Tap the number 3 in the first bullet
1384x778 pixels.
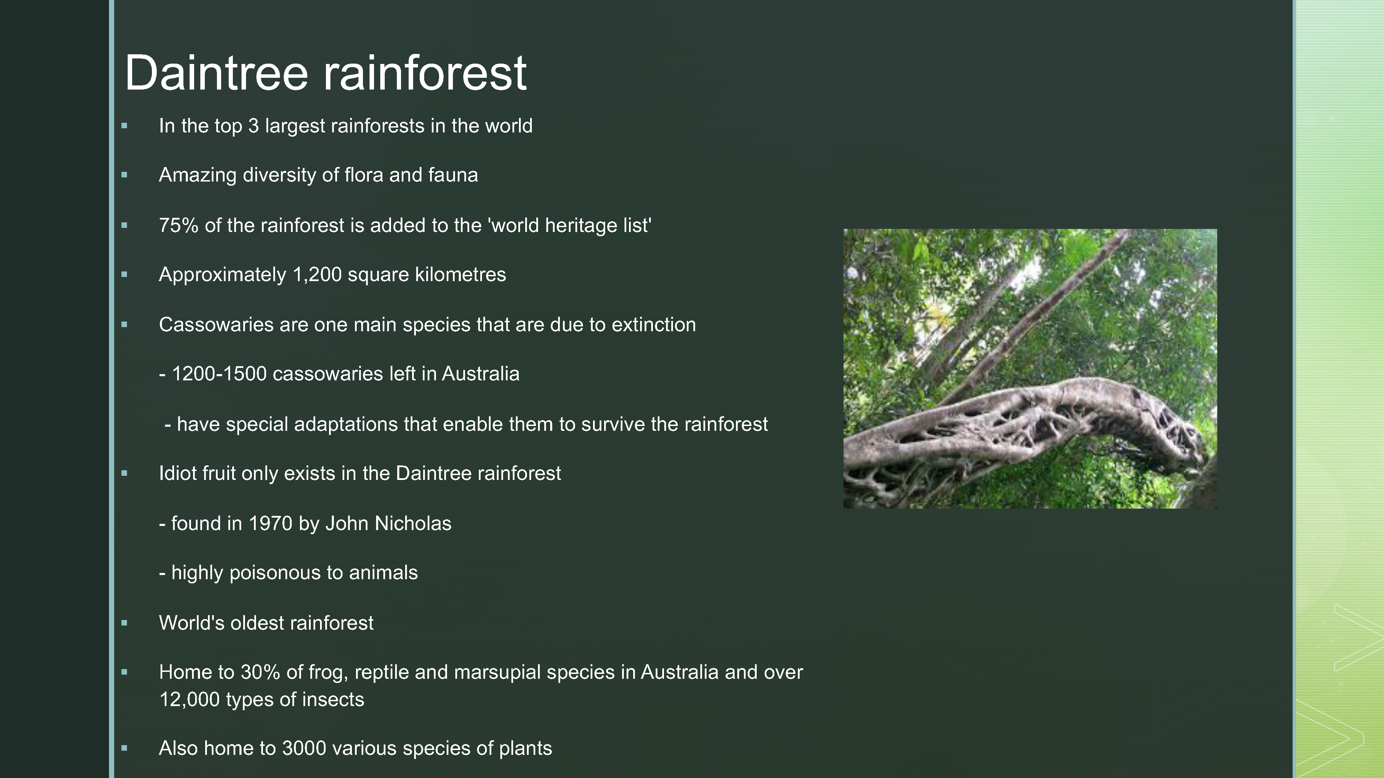tap(253, 126)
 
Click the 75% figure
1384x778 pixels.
tap(179, 225)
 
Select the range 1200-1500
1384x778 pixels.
tap(219, 374)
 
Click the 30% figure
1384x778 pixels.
tap(260, 672)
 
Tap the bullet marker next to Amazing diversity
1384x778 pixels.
tap(125, 175)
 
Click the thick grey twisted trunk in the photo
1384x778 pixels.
tap(1021, 424)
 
